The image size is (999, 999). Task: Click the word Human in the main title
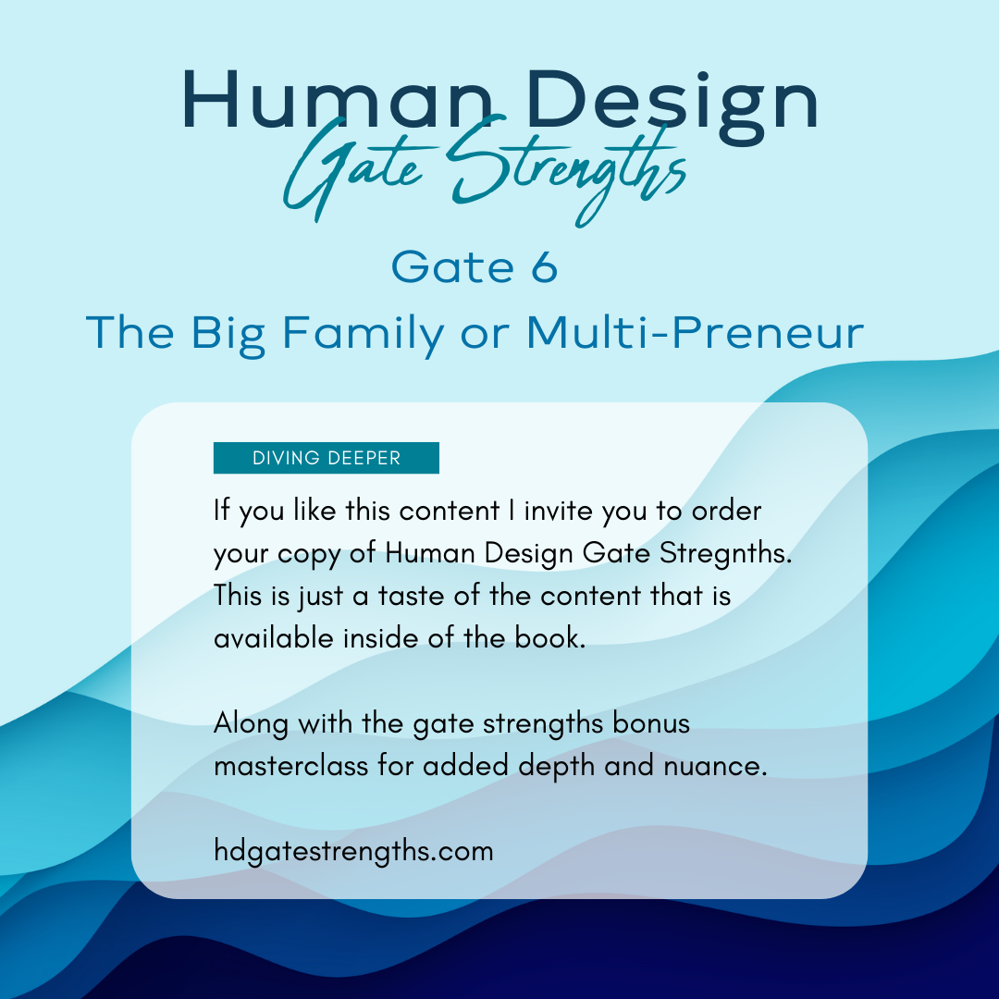pyautogui.click(x=338, y=100)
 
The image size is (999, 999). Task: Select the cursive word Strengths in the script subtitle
pyautogui.click(x=566, y=170)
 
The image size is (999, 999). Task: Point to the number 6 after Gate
pyautogui.click(x=544, y=267)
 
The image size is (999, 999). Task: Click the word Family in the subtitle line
pyautogui.click(x=364, y=334)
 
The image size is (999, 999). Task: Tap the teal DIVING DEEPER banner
pyautogui.click(x=327, y=458)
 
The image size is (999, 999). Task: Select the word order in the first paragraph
pyautogui.click(x=726, y=511)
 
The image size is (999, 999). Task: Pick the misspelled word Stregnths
pyautogui.click(x=726, y=554)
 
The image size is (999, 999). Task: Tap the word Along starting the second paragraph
pyautogui.click(x=251, y=724)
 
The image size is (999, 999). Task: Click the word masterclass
pyautogui.click(x=290, y=766)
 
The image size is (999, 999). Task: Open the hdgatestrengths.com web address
pyautogui.click(x=353, y=852)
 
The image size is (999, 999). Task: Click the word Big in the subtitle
pyautogui.click(x=228, y=334)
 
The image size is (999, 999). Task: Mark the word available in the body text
pyautogui.click(x=273, y=638)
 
